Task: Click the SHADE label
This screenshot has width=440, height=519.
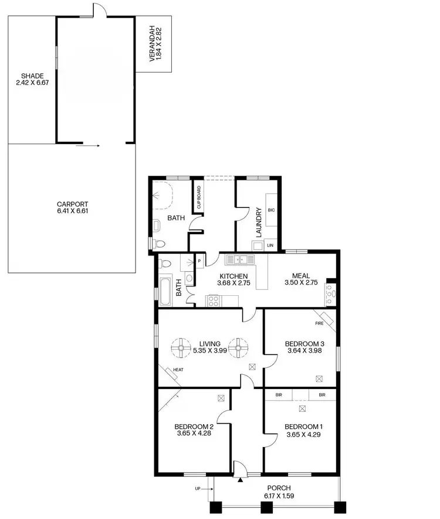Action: tap(32, 76)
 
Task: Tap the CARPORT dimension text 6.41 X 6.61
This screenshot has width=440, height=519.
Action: tap(73, 211)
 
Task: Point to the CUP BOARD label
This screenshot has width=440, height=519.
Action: tap(199, 197)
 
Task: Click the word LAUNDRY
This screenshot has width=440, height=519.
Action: tap(258, 222)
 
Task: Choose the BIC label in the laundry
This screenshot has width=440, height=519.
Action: tap(271, 210)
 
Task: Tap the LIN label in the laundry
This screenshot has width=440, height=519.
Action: tap(270, 246)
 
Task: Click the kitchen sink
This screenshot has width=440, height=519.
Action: tap(241, 259)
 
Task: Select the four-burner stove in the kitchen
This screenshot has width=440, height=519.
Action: tap(212, 301)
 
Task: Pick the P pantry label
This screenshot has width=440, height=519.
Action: tap(199, 261)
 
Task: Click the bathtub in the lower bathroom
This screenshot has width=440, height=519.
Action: tap(165, 291)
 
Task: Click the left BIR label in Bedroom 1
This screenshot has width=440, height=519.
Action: tap(279, 395)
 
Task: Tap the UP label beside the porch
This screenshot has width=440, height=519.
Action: tap(198, 488)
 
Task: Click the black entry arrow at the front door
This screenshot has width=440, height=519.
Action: tap(241, 480)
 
